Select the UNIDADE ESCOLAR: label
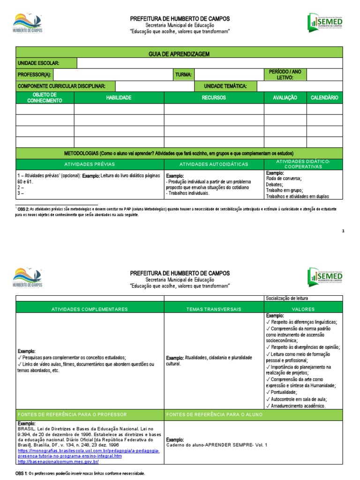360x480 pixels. tap(38, 63)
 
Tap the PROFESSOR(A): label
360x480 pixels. tap(34, 75)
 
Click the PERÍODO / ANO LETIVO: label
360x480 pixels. tap(285, 75)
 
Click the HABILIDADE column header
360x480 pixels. tap(119, 97)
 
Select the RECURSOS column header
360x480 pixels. tap(214, 97)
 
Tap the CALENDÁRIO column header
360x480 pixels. tap(324, 97)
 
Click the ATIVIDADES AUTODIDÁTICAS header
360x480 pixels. tap(214, 164)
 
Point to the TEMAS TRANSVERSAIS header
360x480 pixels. tap(214, 309)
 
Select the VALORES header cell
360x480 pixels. tap(303, 309)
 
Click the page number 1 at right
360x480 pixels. tap(343, 231)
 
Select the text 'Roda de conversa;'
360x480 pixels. tap(284, 178)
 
